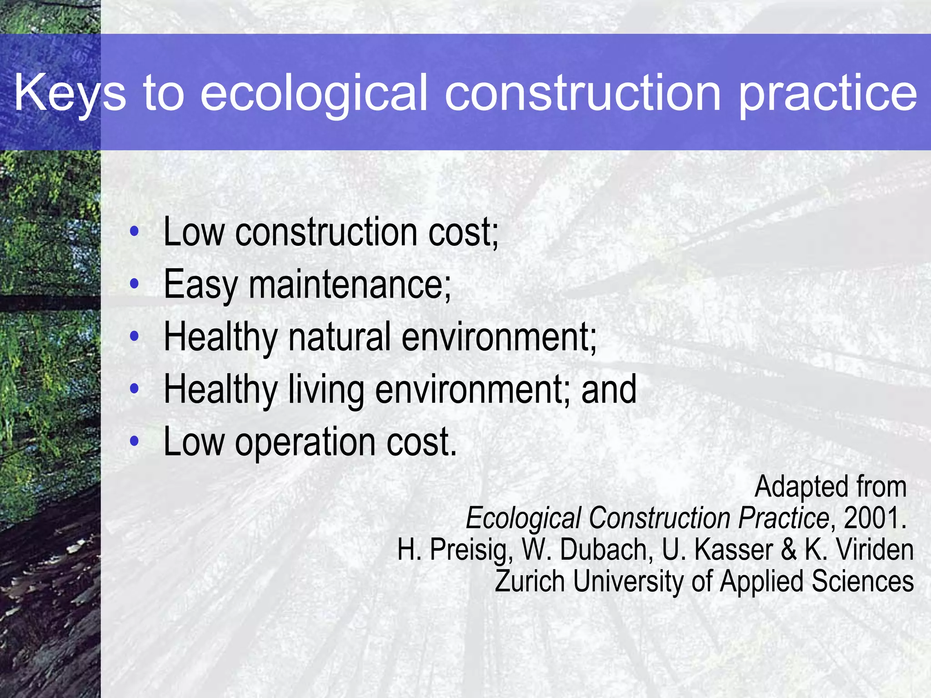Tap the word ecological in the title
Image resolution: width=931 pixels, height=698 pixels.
[314, 93]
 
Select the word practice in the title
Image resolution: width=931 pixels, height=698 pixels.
[828, 93]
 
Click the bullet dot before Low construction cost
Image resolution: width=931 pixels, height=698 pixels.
[134, 232]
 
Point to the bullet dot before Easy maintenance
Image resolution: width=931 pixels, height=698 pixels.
[134, 284]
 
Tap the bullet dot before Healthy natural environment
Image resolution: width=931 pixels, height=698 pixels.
[134, 337]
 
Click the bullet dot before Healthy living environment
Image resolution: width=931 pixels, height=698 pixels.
[134, 389]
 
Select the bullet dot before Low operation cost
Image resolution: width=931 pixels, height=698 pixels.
[134, 441]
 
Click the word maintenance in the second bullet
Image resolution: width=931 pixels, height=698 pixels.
[350, 284]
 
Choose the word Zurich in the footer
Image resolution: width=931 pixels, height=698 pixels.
[530, 581]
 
